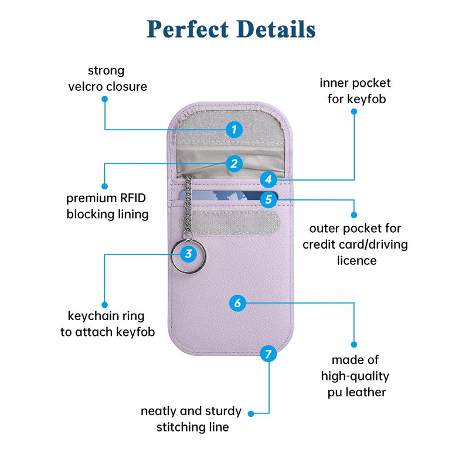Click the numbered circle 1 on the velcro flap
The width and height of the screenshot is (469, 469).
click(x=234, y=129)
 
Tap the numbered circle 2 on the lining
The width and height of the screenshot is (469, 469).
click(x=234, y=164)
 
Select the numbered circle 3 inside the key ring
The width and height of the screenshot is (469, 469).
click(x=188, y=254)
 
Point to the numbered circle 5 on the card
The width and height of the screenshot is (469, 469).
click(x=269, y=199)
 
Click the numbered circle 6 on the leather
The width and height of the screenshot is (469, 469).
click(x=237, y=303)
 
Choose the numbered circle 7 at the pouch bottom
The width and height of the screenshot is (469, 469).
click(x=268, y=354)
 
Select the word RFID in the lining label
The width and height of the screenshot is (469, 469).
click(x=134, y=198)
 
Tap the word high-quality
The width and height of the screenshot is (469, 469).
click(x=355, y=376)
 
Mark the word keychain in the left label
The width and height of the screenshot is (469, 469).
click(x=94, y=317)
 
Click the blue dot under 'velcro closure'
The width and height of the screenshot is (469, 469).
click(x=105, y=100)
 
